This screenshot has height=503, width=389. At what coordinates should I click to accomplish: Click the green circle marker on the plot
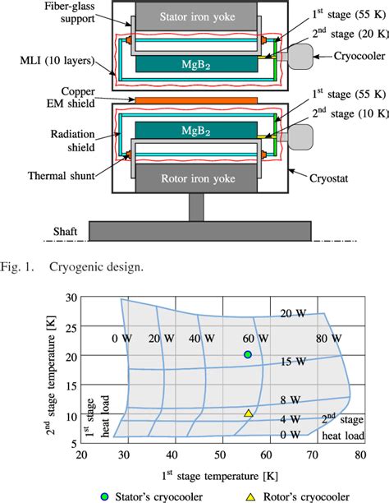[248, 354]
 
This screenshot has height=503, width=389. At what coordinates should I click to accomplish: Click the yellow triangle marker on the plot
[248, 413]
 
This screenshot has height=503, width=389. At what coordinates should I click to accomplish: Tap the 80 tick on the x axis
[360, 455]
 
